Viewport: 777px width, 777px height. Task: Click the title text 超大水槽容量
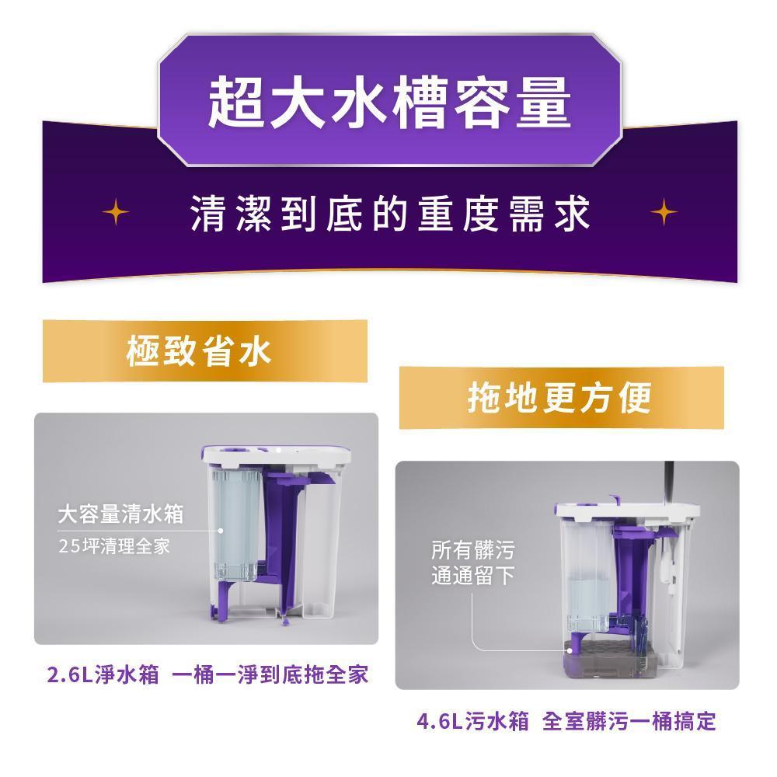pyautogui.click(x=389, y=102)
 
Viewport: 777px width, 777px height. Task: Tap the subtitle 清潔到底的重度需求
pyautogui.click(x=390, y=214)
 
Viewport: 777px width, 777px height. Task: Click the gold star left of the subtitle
pyautogui.click(x=116, y=212)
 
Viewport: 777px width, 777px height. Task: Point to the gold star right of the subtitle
pyautogui.click(x=664, y=212)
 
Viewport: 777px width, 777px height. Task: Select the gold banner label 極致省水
pyautogui.click(x=199, y=351)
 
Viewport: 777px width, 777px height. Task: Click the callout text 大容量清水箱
pyautogui.click(x=120, y=514)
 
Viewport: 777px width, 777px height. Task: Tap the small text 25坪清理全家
pyautogui.click(x=114, y=546)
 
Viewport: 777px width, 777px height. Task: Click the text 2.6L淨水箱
pyautogui.click(x=103, y=674)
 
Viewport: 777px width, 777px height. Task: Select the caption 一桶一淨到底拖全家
pyautogui.click(x=270, y=674)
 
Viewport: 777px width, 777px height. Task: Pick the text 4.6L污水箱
pyautogui.click(x=472, y=721)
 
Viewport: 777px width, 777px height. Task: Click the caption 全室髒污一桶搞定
pyautogui.click(x=629, y=721)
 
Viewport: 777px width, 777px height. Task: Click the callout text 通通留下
pyautogui.click(x=472, y=575)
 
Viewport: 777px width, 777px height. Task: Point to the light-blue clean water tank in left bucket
pyautogui.click(x=236, y=525)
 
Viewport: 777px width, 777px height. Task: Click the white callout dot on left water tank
pyautogui.click(x=221, y=530)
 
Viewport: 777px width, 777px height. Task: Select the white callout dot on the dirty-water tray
pyautogui.click(x=570, y=650)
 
